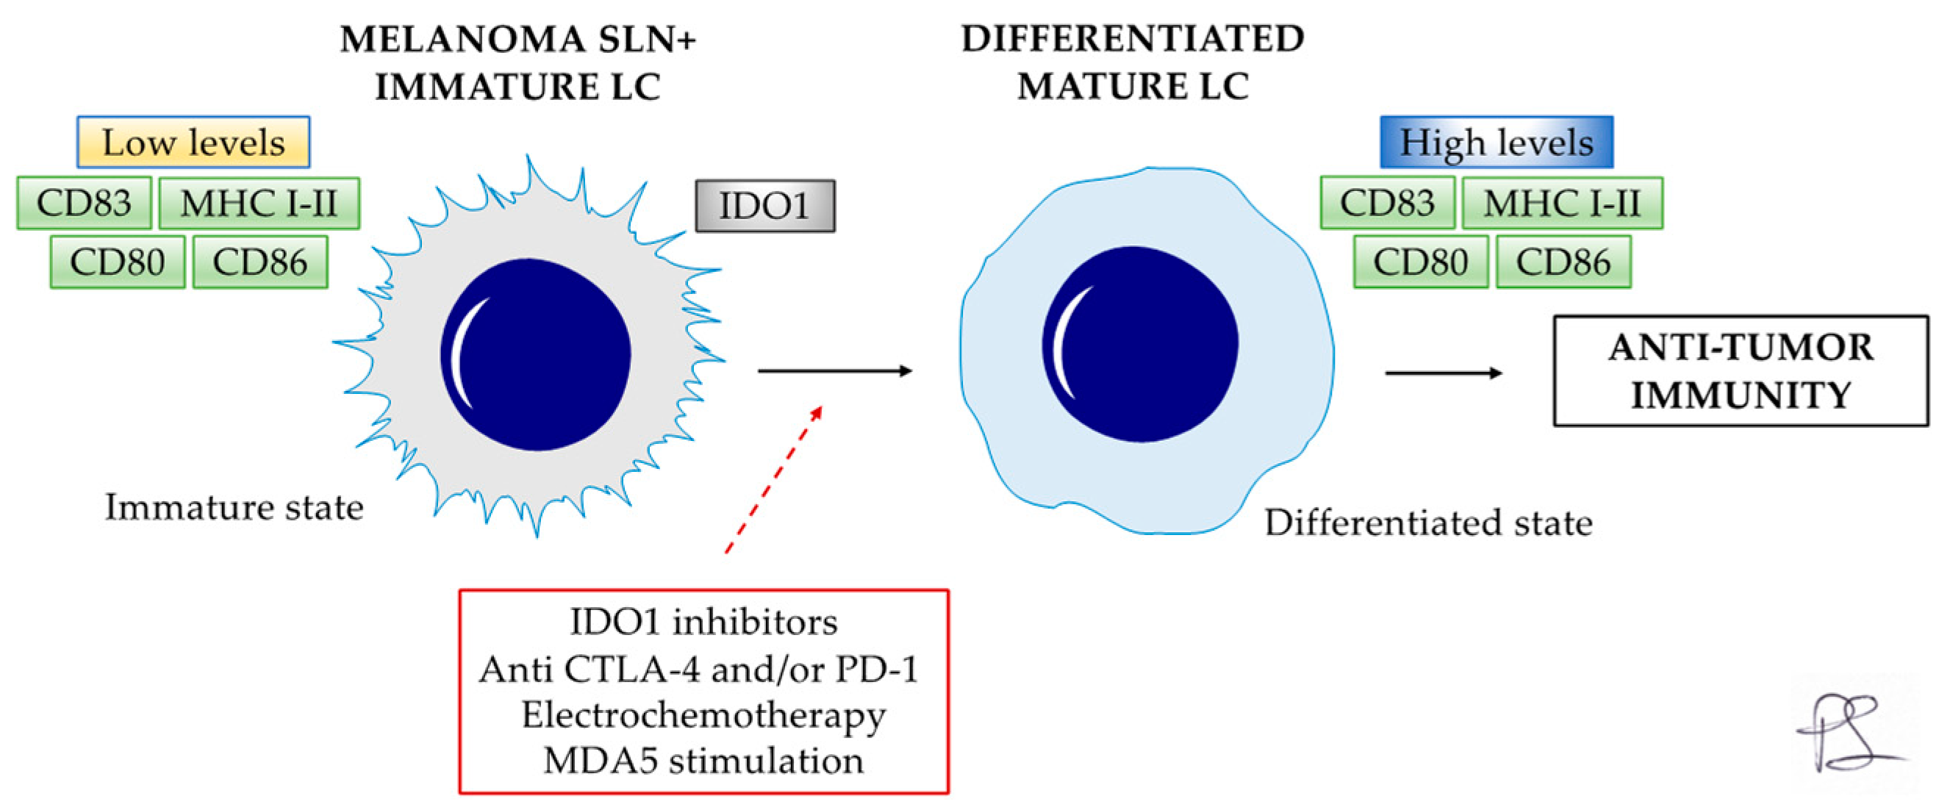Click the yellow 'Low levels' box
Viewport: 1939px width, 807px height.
coord(193,142)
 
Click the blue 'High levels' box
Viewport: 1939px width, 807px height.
coord(1496,142)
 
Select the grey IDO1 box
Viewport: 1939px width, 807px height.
coord(764,206)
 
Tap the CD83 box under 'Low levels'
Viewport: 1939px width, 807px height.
coord(85,203)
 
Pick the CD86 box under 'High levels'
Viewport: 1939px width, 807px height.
coord(1563,262)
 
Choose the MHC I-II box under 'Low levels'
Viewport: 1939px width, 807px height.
coord(259,204)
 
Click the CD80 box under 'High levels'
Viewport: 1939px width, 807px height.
coord(1420,262)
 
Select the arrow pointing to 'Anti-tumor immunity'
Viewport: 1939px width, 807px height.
coord(1443,373)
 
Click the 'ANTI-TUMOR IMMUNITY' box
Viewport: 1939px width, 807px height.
coord(1741,371)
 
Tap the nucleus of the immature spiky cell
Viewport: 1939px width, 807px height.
coord(535,354)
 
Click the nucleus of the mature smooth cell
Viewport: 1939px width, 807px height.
coord(1139,344)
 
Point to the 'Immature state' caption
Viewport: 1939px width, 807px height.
coord(234,506)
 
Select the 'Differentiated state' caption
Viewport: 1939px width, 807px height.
coord(1428,523)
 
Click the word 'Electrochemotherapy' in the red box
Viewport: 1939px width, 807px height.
coord(703,714)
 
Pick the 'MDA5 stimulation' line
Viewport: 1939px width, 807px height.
coord(703,760)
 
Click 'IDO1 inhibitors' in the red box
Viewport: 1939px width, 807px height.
coord(703,622)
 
